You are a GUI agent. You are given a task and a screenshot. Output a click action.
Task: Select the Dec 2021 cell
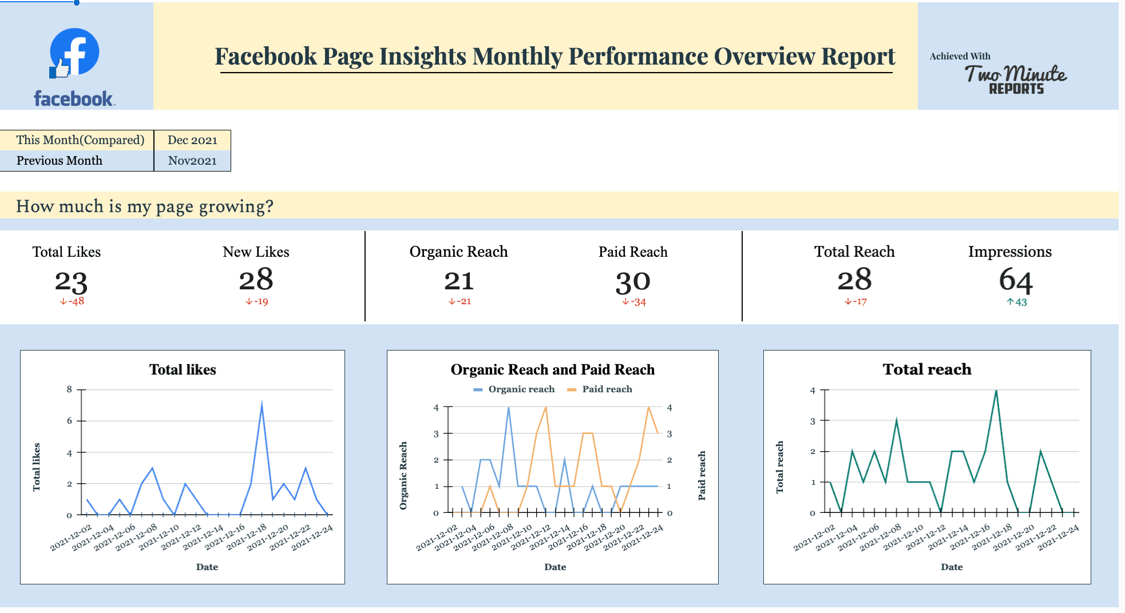192,140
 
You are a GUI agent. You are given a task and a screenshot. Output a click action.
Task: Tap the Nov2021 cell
192,161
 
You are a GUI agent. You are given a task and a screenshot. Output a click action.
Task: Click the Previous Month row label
60,161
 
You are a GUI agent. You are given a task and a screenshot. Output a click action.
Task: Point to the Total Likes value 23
71,281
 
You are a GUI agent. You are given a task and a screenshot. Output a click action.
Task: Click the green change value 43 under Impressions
1017,302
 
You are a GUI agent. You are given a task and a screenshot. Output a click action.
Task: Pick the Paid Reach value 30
633,281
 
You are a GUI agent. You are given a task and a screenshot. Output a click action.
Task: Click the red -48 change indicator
72,301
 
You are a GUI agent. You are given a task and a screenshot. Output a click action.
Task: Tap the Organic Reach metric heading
458,252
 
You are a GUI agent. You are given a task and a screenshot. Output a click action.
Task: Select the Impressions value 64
1016,280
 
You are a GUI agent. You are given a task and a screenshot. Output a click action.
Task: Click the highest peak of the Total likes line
262,405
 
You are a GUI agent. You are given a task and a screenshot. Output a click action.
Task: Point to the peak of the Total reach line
996,391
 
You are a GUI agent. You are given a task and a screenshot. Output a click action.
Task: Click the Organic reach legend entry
514,389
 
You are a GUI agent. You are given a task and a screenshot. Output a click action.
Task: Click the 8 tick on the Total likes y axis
70,389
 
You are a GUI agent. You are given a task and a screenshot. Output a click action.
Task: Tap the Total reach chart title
927,369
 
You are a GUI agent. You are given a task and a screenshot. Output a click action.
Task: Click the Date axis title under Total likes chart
207,567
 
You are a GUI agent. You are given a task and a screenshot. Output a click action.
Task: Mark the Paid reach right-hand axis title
702,475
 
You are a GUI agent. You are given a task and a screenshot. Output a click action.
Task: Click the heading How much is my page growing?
145,206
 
